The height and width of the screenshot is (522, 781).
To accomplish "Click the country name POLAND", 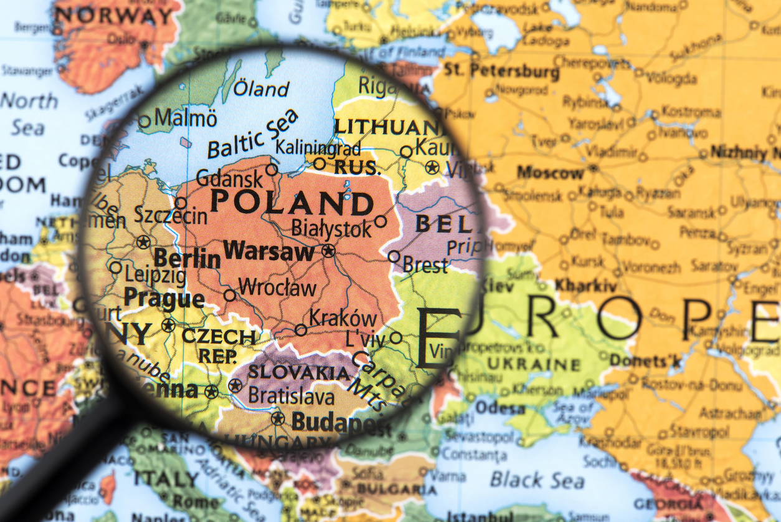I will click(291, 203).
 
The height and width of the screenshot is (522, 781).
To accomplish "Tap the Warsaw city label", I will click(269, 252).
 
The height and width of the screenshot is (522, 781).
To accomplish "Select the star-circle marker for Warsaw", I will click(328, 251).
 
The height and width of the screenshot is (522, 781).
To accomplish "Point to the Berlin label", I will click(187, 258).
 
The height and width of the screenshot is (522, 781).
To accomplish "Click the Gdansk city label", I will click(229, 179).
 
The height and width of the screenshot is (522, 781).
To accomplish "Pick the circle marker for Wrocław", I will click(230, 295).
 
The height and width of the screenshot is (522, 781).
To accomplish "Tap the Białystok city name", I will click(331, 228).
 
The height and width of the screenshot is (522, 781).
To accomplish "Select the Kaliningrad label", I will click(318, 148).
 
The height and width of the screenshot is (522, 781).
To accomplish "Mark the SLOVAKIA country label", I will click(299, 373).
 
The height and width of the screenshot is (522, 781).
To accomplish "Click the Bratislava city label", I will click(291, 395).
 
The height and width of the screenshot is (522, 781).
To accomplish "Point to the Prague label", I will click(163, 298).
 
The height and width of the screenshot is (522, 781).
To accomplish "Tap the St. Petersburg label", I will click(502, 71).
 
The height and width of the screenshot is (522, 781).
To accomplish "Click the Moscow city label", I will click(551, 172).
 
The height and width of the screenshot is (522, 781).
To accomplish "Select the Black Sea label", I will click(537, 480).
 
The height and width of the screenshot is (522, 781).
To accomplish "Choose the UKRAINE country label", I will click(533, 364).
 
